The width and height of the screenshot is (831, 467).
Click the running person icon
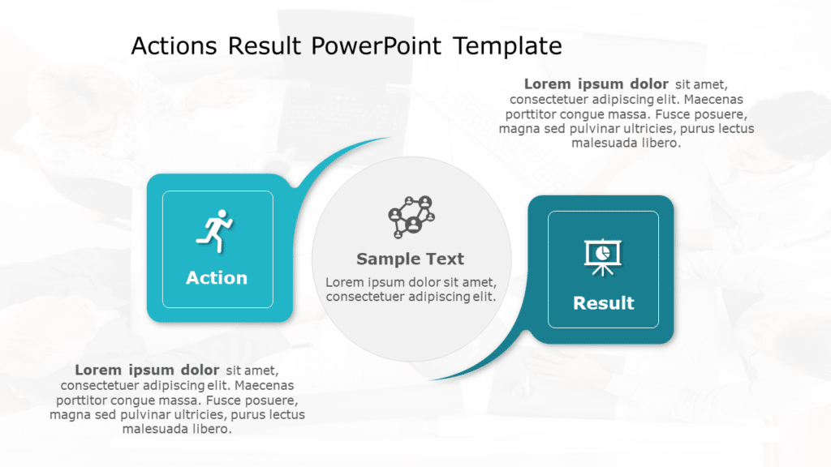click(x=214, y=229)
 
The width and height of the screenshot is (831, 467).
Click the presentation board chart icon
click(x=603, y=257)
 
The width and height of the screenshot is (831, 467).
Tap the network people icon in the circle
click(x=411, y=216)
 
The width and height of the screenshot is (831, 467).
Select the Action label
click(x=217, y=278)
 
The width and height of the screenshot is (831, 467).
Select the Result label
click(x=603, y=303)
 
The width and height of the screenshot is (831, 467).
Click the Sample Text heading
click(x=411, y=259)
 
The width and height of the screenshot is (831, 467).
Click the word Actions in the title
click(x=174, y=46)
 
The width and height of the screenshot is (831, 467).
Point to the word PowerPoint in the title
click(x=377, y=46)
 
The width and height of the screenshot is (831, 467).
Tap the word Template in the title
click(x=508, y=46)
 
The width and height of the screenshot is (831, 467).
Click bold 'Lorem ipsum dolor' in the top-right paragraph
click(x=596, y=84)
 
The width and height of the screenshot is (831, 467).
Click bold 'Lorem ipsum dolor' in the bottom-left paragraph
click(x=147, y=371)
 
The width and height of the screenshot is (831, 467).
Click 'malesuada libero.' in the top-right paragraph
click(x=626, y=143)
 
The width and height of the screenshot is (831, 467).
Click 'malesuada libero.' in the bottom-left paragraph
click(x=177, y=429)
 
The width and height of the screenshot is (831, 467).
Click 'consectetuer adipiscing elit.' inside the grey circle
click(x=411, y=297)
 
